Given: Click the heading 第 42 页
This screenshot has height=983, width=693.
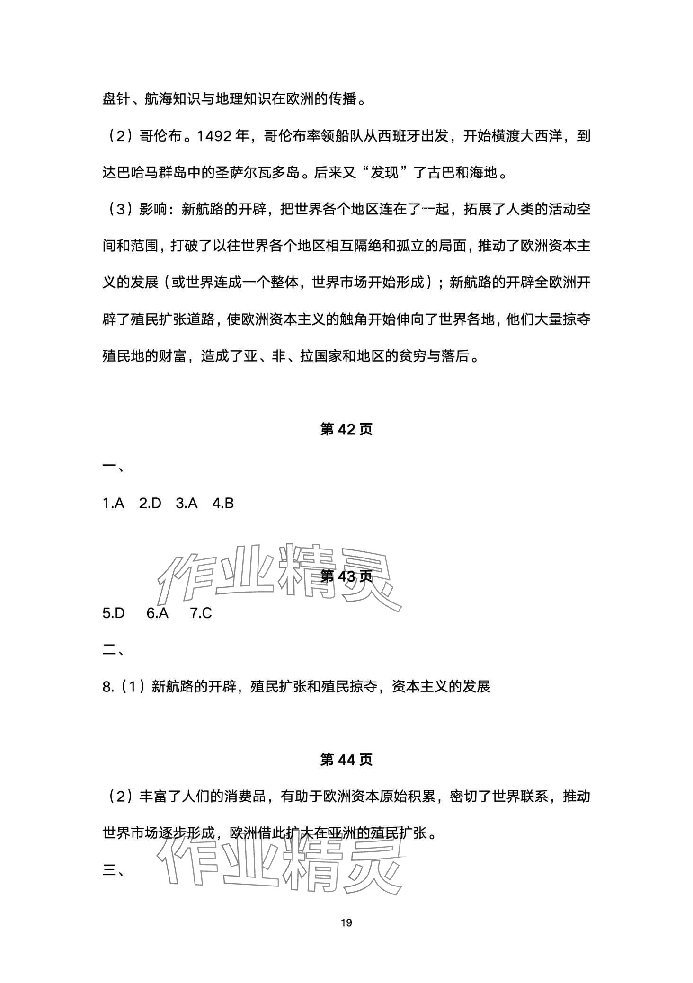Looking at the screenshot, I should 346,429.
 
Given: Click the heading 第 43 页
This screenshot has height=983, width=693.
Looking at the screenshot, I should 346,576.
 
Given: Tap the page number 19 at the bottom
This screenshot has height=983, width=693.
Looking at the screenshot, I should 346,922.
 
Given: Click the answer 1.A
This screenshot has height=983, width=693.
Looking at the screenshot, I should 113,503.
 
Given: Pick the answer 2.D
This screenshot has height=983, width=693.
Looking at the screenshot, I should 150,503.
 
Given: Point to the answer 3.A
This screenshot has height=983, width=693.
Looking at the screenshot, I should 187,503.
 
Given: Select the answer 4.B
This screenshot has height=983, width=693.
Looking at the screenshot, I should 223,503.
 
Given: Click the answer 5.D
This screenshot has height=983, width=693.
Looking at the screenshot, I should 114,613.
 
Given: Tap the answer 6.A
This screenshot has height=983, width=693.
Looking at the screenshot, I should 158,613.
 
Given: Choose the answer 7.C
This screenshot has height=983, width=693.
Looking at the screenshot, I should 201,613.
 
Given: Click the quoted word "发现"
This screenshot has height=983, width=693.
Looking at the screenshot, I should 384,173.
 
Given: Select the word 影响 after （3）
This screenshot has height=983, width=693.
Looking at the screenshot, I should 153,210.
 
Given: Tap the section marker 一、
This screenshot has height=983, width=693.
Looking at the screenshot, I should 114,467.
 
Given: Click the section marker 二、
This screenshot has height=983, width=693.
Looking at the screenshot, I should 114,650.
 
